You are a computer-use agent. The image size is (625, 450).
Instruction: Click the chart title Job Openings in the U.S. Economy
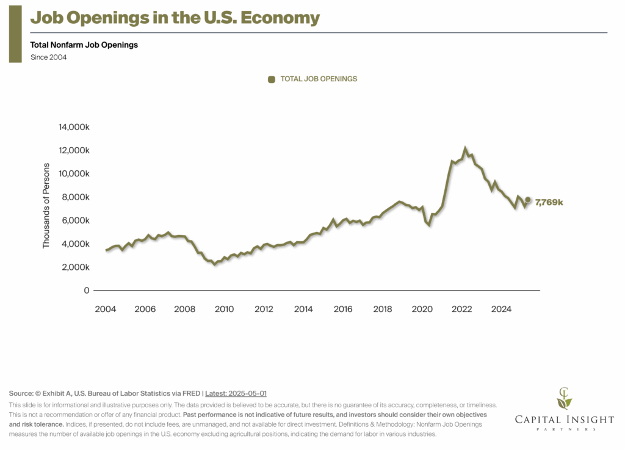tap(175, 18)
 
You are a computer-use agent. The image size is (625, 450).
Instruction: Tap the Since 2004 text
tap(49, 57)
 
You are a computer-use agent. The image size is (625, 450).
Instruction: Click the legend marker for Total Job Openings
tap(272, 79)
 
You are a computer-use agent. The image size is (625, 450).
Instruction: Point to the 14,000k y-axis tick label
tap(74, 127)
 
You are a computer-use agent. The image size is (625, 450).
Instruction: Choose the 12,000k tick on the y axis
tap(74, 150)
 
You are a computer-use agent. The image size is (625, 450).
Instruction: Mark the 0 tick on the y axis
tap(87, 291)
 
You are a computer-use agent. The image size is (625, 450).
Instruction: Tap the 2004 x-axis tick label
tap(106, 309)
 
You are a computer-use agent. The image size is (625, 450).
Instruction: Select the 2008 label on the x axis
tap(185, 309)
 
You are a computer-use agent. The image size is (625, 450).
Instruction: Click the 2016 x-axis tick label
tap(343, 309)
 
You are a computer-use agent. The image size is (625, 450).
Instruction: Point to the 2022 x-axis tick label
tap(462, 309)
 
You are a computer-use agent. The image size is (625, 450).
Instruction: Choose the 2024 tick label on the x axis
tap(502, 309)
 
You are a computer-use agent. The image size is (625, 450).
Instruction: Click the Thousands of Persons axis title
tap(46, 209)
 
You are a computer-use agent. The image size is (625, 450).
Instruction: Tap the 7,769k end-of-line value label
tap(549, 202)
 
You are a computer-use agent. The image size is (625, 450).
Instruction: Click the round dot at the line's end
tap(528, 200)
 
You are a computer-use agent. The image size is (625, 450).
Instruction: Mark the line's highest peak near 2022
tap(465, 148)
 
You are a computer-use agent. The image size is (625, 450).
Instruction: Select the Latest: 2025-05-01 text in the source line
tap(236, 394)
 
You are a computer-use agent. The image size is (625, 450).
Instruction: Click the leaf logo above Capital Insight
tap(565, 398)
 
